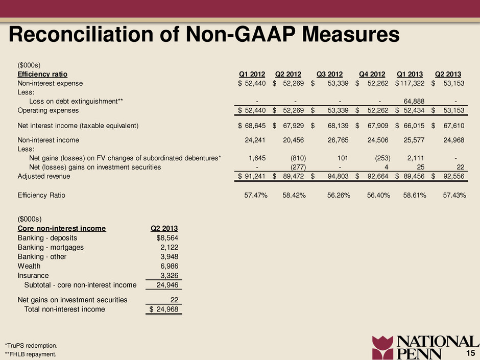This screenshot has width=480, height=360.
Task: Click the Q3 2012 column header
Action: (329, 74)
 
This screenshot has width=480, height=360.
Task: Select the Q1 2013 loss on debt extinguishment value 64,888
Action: (414, 101)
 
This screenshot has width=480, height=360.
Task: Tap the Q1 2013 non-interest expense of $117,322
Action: (410, 83)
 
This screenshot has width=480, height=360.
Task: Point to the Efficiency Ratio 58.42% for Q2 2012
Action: (294, 195)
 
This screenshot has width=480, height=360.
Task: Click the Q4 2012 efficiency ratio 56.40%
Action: (378, 195)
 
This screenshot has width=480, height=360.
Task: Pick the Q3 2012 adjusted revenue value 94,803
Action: (338, 176)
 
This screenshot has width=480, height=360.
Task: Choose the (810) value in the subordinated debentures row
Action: (298, 158)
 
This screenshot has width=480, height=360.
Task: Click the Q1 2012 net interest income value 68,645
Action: (255, 126)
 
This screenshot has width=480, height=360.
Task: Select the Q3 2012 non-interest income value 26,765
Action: (338, 140)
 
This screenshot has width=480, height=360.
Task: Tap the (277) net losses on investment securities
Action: (298, 167)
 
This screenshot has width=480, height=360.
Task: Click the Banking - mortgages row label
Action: (51, 247)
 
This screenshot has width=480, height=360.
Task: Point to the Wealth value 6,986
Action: (170, 267)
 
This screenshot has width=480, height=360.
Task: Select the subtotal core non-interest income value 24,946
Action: (167, 285)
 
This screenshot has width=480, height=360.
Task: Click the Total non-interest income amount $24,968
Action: (164, 309)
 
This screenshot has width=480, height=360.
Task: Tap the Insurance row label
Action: (33, 276)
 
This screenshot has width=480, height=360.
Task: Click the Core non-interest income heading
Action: (62, 228)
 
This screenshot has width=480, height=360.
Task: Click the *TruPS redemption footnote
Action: (31, 346)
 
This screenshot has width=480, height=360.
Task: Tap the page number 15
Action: (470, 353)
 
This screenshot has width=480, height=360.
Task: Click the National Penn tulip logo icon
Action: (382, 348)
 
